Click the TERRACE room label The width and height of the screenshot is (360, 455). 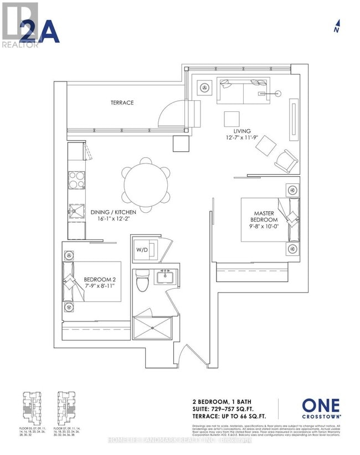coord(121,103)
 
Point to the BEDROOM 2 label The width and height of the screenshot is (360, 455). coord(98,279)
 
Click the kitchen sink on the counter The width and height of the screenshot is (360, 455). coord(75,209)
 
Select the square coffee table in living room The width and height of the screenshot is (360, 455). coord(232,119)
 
